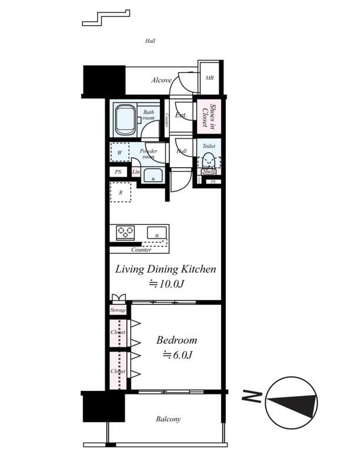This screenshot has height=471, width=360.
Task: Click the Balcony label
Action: click(x=168, y=419)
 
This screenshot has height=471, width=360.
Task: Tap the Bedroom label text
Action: click(x=176, y=340)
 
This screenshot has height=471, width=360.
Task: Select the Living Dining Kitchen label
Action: click(x=165, y=270)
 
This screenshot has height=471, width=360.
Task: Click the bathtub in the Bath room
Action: click(x=125, y=120)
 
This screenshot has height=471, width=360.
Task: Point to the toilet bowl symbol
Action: click(x=209, y=161)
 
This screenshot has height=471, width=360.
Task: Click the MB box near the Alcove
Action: click(x=209, y=78)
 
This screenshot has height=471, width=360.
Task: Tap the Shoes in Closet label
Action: click(x=209, y=117)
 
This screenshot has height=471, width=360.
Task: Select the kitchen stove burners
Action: click(x=125, y=232)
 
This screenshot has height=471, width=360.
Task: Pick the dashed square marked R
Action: click(x=121, y=193)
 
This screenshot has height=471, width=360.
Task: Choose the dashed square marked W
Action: click(x=120, y=152)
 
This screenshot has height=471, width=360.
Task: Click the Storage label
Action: click(x=118, y=310)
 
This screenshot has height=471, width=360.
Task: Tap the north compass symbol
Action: click(x=291, y=404)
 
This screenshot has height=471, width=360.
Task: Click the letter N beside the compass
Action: click(x=250, y=397)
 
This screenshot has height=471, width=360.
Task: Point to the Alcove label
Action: click(x=161, y=80)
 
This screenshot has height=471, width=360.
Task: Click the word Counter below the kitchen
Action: click(x=141, y=250)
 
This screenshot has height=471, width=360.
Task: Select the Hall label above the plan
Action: click(x=150, y=41)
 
